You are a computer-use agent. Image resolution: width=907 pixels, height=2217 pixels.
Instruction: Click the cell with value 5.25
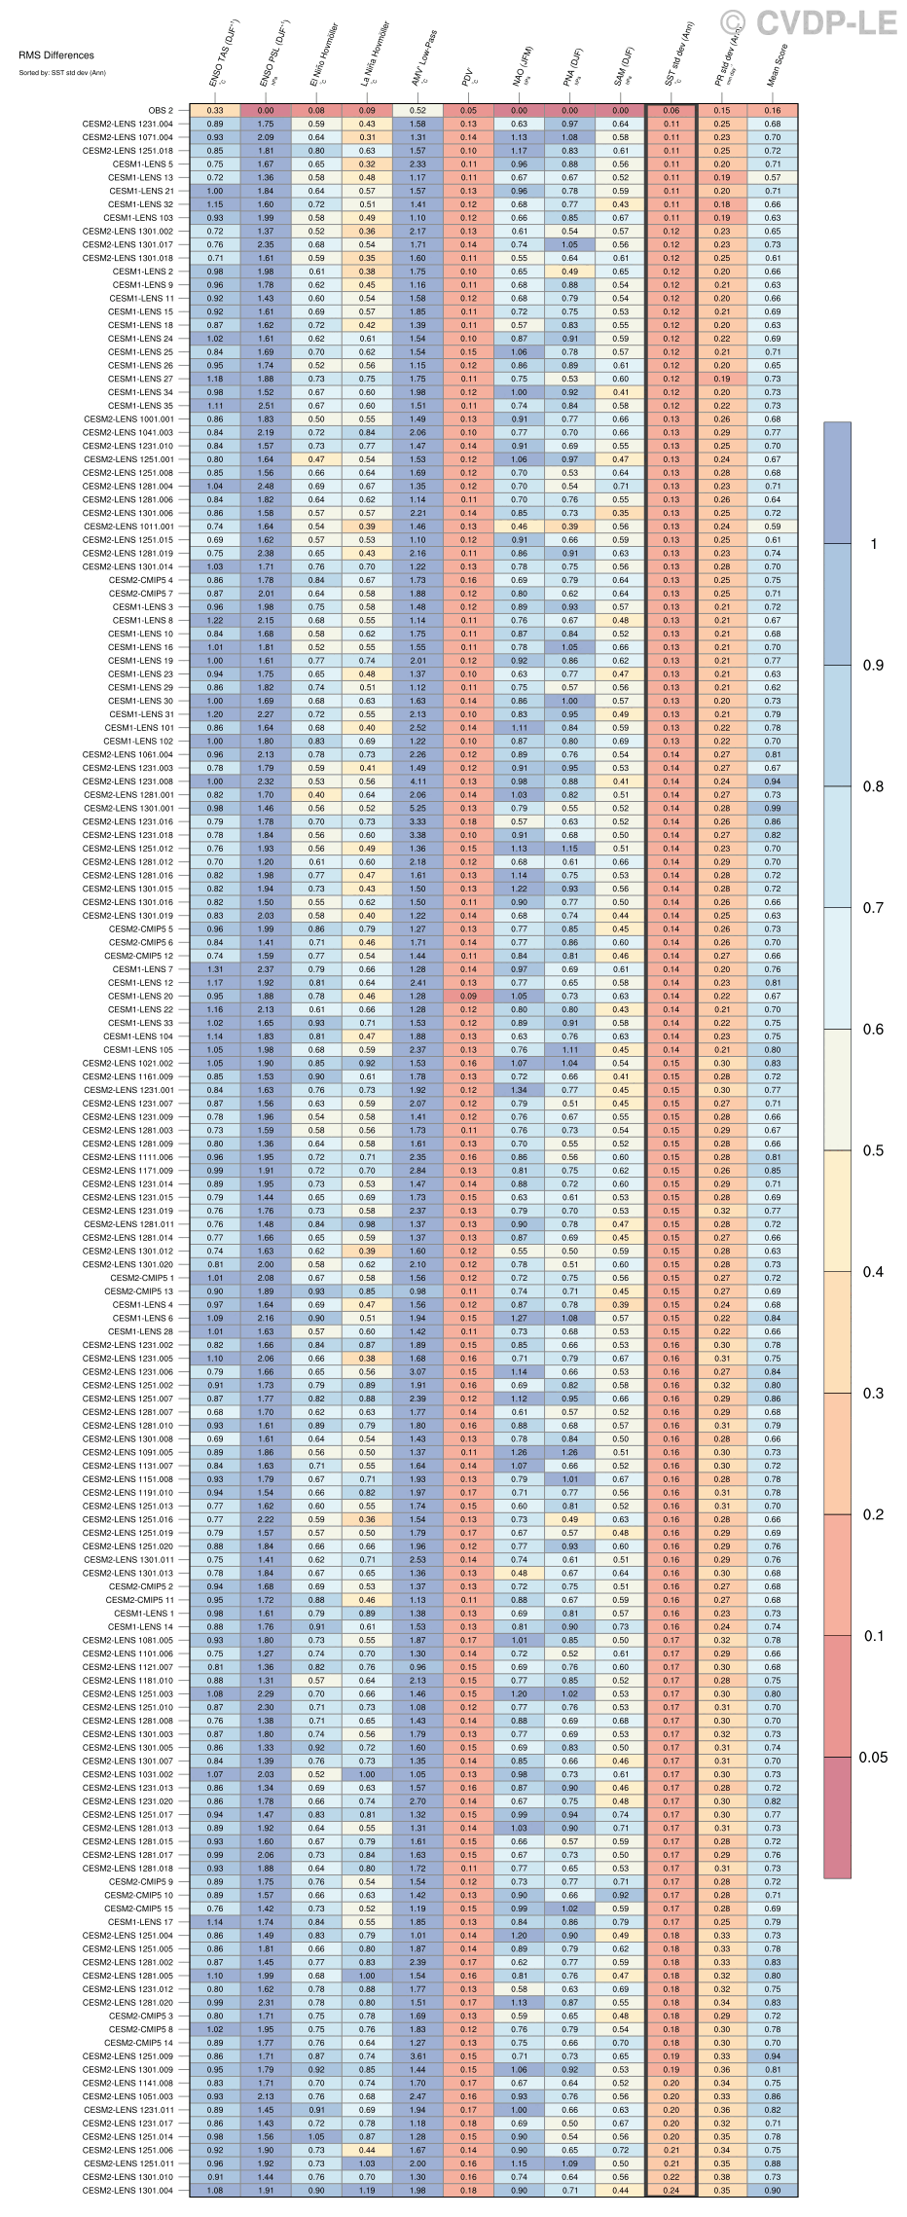coord(417,808)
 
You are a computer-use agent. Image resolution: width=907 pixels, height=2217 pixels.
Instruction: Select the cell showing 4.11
coord(417,781)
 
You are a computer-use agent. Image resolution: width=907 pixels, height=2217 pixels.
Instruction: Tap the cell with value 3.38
coord(417,834)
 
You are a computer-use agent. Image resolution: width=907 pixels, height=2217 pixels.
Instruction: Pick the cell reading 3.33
coord(417,821)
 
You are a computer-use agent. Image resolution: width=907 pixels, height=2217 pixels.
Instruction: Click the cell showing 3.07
coord(417,1371)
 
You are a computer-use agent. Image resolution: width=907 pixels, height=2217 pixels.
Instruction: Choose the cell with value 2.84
coord(417,1170)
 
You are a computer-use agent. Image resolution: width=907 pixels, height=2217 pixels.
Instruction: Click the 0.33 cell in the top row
coord(215,110)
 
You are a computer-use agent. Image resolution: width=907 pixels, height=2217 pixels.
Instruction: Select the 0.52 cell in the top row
coord(417,110)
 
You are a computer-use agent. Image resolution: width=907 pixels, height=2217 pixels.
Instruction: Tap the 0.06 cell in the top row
coord(671,110)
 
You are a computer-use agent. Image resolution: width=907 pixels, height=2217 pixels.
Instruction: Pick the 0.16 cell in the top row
coord(773,110)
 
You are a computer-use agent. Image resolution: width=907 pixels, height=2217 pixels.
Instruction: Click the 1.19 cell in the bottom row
coord(367,2190)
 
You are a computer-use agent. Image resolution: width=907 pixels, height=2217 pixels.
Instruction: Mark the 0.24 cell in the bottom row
coord(671,2190)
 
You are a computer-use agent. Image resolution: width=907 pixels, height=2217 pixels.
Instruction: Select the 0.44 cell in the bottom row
coord(621,2190)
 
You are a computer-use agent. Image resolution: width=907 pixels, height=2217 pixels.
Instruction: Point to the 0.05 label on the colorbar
coord(873,1758)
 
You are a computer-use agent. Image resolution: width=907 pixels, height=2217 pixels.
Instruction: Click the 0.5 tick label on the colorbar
coord(873,1150)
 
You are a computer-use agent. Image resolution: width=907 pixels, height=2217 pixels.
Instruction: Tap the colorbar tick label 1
coord(873,543)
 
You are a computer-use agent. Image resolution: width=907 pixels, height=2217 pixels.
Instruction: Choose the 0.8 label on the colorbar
coord(873,786)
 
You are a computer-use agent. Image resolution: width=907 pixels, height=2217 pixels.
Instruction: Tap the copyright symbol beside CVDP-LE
coord(734,22)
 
